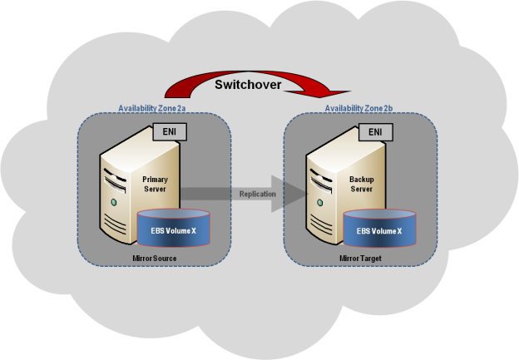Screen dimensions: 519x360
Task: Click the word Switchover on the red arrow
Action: (x=248, y=85)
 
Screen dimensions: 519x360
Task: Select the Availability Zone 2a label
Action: (x=152, y=108)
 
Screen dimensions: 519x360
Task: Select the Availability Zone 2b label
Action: (x=358, y=108)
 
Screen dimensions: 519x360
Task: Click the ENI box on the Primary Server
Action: (x=170, y=132)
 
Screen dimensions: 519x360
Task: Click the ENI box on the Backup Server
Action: (x=376, y=132)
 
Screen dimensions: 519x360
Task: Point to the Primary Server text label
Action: (x=155, y=184)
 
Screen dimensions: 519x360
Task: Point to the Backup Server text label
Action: (x=362, y=184)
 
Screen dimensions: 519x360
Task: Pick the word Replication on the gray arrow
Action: (x=258, y=195)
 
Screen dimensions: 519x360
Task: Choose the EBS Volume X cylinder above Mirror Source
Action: (x=174, y=228)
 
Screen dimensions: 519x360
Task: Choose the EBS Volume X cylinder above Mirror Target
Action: (x=379, y=229)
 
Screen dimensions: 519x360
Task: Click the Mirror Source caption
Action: (x=154, y=258)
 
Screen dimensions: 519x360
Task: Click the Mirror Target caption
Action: (x=360, y=258)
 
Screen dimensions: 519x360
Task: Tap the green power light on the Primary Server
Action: (x=114, y=202)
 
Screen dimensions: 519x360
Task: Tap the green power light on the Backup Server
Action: (x=320, y=202)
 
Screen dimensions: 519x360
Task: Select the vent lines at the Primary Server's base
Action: (x=115, y=224)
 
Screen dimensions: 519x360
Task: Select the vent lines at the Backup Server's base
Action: (x=321, y=224)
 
